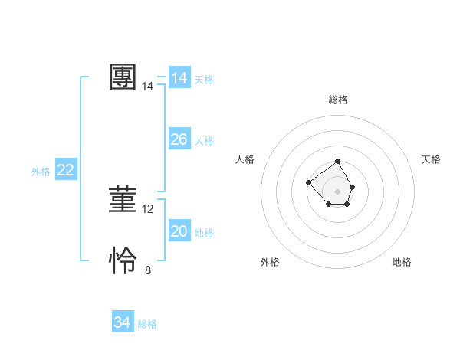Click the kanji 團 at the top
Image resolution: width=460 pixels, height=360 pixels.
pyautogui.click(x=123, y=77)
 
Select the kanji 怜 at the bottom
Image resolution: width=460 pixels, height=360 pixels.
pyautogui.click(x=123, y=261)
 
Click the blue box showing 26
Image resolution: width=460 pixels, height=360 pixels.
pyautogui.click(x=179, y=139)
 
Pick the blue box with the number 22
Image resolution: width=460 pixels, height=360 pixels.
pyautogui.click(x=65, y=170)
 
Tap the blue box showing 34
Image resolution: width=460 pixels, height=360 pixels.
pyautogui.click(x=122, y=322)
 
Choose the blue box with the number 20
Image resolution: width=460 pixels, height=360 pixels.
pyautogui.click(x=179, y=231)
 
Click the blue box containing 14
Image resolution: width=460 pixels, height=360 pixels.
pyautogui.click(x=179, y=78)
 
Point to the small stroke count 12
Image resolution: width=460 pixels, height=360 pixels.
pyautogui.click(x=148, y=209)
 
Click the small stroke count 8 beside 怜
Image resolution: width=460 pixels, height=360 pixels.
pyautogui.click(x=148, y=270)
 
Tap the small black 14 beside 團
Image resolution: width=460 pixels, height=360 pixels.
pyautogui.click(x=148, y=87)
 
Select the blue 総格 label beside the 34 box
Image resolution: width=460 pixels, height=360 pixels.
pyautogui.click(x=147, y=324)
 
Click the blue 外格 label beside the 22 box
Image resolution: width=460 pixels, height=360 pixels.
pyautogui.click(x=41, y=172)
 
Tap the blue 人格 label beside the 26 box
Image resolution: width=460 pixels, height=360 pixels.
pyautogui.click(x=204, y=141)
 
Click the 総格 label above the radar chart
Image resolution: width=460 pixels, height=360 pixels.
pyautogui.click(x=338, y=100)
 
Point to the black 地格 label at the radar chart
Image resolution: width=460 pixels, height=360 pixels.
pyautogui.click(x=402, y=262)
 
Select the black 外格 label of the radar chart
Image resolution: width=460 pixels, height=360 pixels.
pyautogui.click(x=270, y=262)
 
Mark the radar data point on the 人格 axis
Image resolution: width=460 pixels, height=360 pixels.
pyautogui.click(x=308, y=182)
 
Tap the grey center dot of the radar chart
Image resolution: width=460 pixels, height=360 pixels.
pyautogui.click(x=338, y=191)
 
